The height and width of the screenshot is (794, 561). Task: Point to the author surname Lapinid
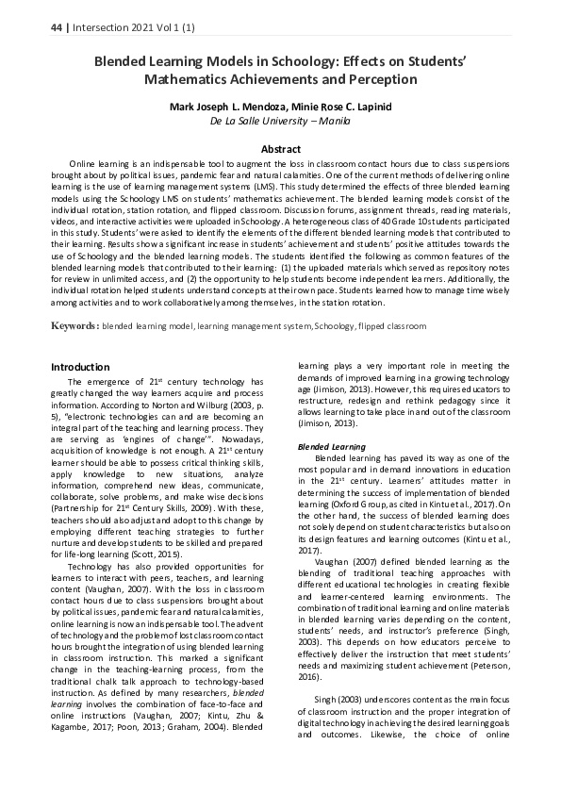click(371, 107)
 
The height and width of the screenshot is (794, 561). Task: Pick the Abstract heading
click(280, 149)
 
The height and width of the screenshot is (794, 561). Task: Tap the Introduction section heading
click(80, 367)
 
